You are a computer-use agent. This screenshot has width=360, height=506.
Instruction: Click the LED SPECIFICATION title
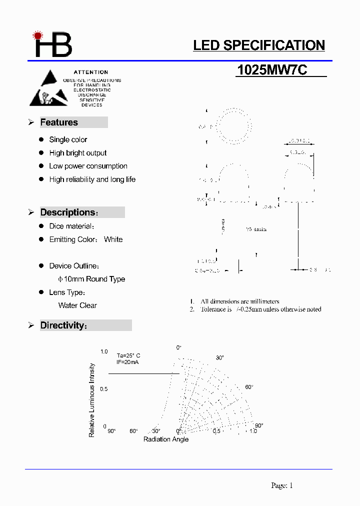[259, 45]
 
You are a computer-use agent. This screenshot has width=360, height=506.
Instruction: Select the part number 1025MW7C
[272, 70]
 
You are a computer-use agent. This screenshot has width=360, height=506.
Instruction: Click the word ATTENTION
[91, 72]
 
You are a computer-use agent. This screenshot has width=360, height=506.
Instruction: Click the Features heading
[59, 122]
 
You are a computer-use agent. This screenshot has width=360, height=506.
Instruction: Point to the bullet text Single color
[68, 139]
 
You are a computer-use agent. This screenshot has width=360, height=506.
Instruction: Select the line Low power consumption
[88, 166]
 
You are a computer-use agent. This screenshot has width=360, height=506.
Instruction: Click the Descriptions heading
[67, 212]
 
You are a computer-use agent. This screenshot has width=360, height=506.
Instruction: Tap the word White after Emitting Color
[113, 239]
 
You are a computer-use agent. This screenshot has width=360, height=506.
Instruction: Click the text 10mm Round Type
[91, 279]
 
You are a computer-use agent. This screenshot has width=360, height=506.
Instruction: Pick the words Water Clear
[77, 305]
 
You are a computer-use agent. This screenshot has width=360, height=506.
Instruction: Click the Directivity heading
[62, 325]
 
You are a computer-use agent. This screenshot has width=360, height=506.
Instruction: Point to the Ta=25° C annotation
[128, 355]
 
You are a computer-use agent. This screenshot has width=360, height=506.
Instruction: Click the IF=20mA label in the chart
[127, 361]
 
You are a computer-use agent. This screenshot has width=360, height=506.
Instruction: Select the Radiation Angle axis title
[166, 439]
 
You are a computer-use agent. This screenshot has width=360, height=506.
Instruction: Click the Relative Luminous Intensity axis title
[92, 400]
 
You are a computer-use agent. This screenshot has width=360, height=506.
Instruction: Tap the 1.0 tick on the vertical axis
[104, 352]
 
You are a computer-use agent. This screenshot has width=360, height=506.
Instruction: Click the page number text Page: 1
[282, 485]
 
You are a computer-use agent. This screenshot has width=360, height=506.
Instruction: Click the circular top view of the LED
[231, 127]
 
